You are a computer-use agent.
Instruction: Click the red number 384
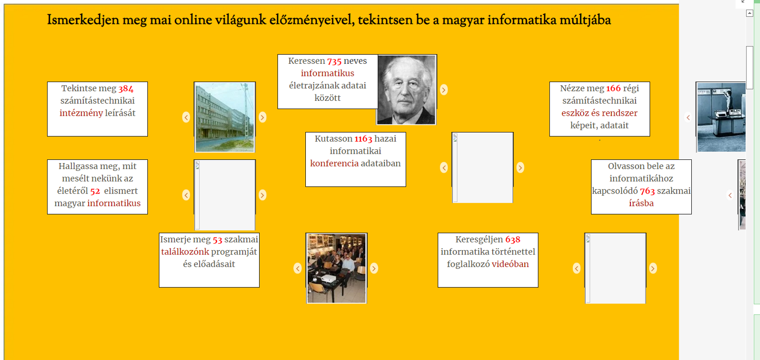click(x=126, y=88)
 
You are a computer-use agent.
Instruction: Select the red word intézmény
click(x=81, y=113)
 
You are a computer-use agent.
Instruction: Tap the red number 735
click(x=334, y=61)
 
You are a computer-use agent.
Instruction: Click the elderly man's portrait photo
click(x=407, y=90)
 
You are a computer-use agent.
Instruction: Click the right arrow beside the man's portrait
click(x=444, y=90)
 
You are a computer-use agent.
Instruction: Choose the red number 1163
click(x=363, y=139)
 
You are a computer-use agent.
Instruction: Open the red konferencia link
click(x=334, y=164)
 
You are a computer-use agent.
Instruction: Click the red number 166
click(x=614, y=88)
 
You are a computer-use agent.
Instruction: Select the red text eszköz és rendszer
click(x=600, y=113)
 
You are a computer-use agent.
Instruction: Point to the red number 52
click(x=96, y=191)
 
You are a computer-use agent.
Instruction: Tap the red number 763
click(x=647, y=191)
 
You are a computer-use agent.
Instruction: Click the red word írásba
click(x=641, y=203)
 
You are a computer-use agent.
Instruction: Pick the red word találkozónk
click(x=185, y=252)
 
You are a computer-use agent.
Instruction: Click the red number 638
click(x=513, y=240)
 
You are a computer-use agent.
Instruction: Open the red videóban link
click(x=510, y=264)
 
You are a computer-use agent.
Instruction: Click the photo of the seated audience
click(x=337, y=268)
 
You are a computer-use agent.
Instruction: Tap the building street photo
click(x=225, y=117)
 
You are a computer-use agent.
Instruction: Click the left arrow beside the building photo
click(x=186, y=117)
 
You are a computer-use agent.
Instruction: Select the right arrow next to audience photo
click(x=374, y=268)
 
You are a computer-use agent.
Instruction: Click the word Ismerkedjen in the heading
click(x=83, y=20)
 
